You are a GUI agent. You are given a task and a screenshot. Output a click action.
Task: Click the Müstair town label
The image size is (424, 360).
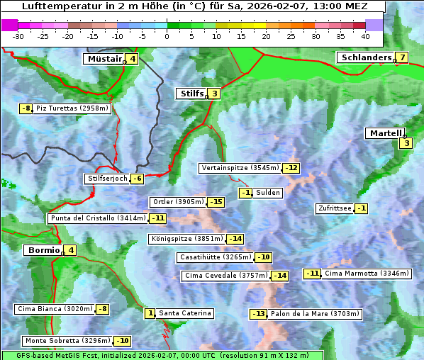click(x=104, y=59)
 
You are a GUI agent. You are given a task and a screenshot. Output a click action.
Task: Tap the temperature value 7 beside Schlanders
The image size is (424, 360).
click(x=402, y=57)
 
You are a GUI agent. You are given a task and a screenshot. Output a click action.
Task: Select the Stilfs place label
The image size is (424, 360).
click(x=191, y=94)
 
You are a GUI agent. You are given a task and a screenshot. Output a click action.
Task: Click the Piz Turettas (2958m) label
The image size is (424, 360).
click(x=72, y=108)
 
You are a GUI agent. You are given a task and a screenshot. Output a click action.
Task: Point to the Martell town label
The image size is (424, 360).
click(x=385, y=133)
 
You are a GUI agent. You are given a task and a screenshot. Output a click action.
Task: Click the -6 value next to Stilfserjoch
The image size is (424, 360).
click(x=138, y=179)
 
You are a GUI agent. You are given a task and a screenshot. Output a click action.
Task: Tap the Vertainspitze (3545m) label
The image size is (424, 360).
click(x=240, y=168)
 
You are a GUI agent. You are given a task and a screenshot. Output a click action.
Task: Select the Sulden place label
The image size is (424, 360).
click(x=269, y=193)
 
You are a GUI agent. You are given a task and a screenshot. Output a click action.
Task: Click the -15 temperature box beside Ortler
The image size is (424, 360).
click(x=216, y=202)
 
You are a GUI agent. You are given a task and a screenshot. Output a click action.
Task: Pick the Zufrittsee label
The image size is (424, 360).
click(x=335, y=208)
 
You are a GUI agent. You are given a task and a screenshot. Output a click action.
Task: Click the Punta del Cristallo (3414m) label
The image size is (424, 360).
click(x=98, y=218)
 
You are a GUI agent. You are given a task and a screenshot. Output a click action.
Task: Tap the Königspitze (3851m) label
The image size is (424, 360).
click(x=186, y=239)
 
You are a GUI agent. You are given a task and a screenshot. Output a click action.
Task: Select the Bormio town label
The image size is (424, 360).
click(x=44, y=250)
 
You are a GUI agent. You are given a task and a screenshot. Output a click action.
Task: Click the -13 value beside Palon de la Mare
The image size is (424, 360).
click(x=259, y=314)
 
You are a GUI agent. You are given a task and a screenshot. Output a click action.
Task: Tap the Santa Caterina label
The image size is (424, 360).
click(x=184, y=313)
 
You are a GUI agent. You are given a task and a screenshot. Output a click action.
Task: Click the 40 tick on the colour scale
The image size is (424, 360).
click(x=365, y=35)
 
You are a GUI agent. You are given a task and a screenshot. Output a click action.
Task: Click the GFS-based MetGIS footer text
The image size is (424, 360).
click(x=162, y=355)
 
